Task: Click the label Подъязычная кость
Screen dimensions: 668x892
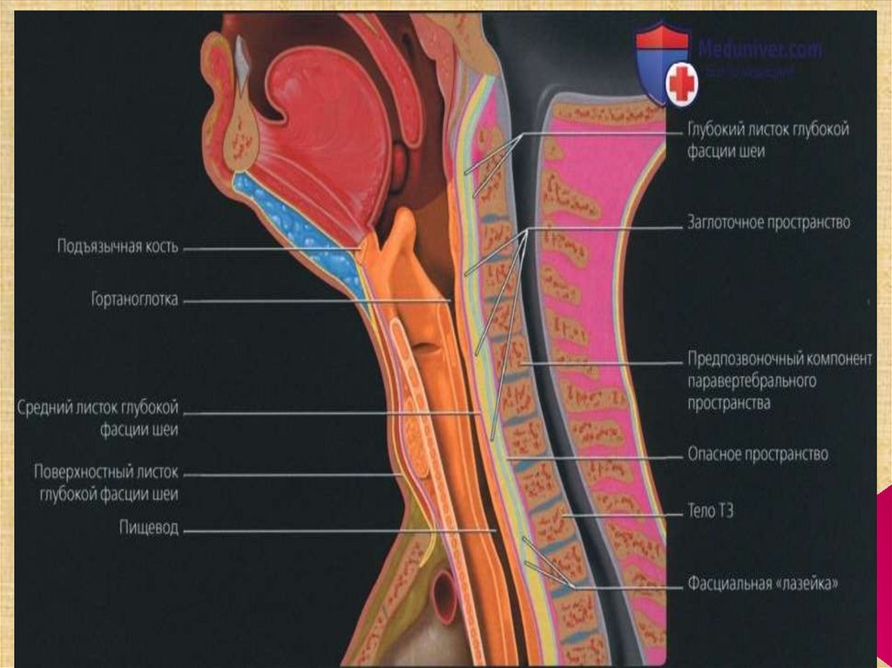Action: tap(118, 246)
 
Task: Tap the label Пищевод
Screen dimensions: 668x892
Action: tap(150, 528)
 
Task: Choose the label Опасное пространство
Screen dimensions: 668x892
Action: tap(758, 454)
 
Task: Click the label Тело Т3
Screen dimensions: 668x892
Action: tap(711, 511)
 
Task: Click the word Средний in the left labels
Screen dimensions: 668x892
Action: tap(49, 408)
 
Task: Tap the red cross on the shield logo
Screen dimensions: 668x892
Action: tap(683, 84)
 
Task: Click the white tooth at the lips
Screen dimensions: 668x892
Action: tap(242, 57)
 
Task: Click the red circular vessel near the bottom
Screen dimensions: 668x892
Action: tap(444, 596)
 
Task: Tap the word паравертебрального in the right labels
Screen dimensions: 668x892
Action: tap(752, 381)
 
